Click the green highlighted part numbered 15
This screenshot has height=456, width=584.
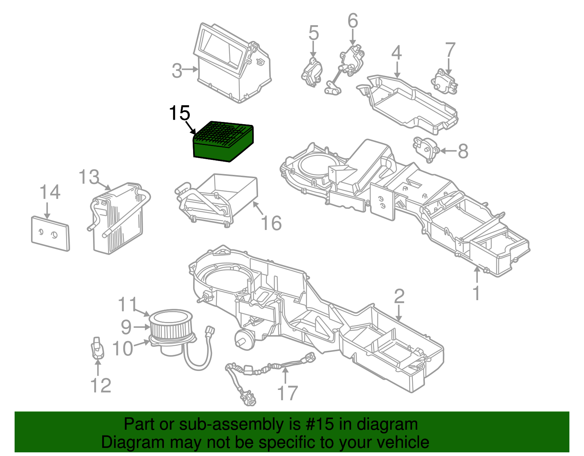[223, 142]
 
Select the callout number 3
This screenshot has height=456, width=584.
[177, 70]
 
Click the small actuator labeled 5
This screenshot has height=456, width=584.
[312, 73]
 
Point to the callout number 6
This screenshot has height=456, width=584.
[353, 21]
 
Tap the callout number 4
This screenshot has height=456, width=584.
[396, 53]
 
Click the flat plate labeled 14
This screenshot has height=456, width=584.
[50, 234]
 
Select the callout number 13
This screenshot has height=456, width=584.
[89, 177]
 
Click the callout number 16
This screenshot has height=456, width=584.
[272, 223]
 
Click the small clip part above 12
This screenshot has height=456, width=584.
[97, 348]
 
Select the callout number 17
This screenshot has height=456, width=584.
[288, 393]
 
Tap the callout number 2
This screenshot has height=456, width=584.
[399, 296]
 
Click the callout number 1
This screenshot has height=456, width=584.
[476, 293]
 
